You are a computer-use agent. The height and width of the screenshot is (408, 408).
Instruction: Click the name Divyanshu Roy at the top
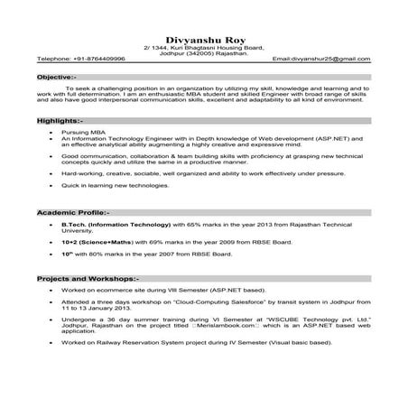tap(203, 39)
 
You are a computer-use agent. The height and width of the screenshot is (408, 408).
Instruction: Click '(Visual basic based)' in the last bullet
tap(298, 345)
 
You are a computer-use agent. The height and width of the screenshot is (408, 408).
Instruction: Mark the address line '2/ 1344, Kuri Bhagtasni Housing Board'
tap(203, 47)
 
